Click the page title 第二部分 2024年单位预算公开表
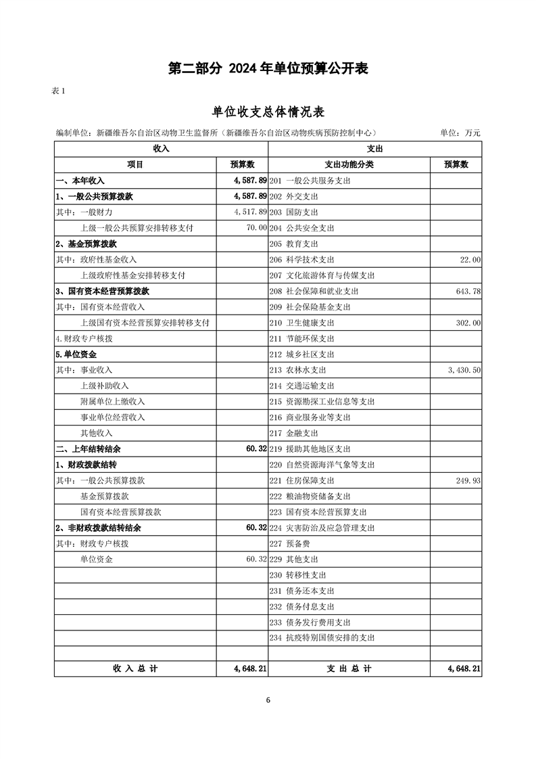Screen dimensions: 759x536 coord(268,68)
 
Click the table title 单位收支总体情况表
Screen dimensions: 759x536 coord(268,112)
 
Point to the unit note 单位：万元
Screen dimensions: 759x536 coord(460,133)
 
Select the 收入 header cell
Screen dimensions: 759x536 coord(161,148)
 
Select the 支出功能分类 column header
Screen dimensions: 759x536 coord(349,164)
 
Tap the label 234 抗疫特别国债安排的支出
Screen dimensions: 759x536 coord(321,638)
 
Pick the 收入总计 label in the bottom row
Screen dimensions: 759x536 coord(135,668)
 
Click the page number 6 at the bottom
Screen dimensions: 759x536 coord(268,700)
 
